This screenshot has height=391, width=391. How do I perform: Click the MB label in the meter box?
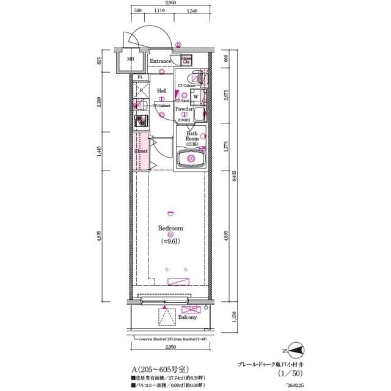click(131, 60)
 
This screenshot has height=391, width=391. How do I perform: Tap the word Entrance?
click(160, 61)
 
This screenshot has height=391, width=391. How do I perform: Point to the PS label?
click(139, 78)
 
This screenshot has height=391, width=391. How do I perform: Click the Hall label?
click(162, 90)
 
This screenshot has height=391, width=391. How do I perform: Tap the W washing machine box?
click(195, 97)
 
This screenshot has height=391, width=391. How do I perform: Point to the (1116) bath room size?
click(192, 144)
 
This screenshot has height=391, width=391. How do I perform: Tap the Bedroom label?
click(170, 228)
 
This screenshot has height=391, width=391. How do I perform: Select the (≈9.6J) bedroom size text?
click(171, 241)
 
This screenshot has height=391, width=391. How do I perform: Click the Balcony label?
click(188, 318)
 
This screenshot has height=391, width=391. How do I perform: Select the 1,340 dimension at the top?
click(192, 11)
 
